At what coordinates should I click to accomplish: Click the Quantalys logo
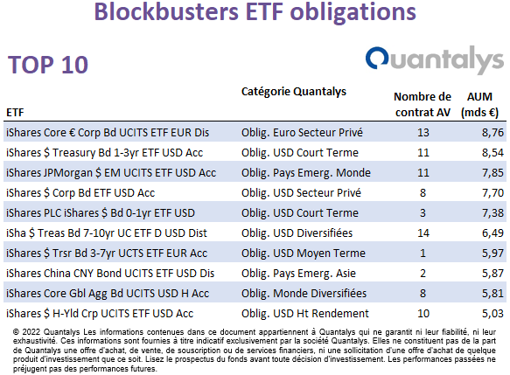[435, 59]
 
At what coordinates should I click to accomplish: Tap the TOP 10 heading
[48, 65]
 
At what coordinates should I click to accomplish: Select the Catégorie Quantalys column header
[294, 92]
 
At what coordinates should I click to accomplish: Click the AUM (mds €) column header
[479, 105]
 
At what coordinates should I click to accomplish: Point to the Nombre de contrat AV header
[423, 105]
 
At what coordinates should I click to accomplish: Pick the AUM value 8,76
[493, 133]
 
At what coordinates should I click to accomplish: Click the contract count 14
[423, 233]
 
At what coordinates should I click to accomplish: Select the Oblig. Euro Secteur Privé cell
[302, 133]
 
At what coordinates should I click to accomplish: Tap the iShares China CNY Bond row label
[110, 274]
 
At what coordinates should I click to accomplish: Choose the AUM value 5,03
[493, 314]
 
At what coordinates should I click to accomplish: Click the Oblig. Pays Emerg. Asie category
[298, 274]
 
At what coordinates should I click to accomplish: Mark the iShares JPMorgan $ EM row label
[111, 173]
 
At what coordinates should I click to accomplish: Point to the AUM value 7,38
[493, 213]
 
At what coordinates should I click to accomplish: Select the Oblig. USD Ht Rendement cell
[305, 314]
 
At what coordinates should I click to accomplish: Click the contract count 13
[423, 133]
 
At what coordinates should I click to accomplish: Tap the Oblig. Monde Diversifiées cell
[304, 294]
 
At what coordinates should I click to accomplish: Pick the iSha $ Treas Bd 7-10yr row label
[107, 233]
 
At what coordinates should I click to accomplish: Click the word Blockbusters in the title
[166, 11]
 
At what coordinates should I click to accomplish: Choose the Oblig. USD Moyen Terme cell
[304, 253]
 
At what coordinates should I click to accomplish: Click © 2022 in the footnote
[26, 332]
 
